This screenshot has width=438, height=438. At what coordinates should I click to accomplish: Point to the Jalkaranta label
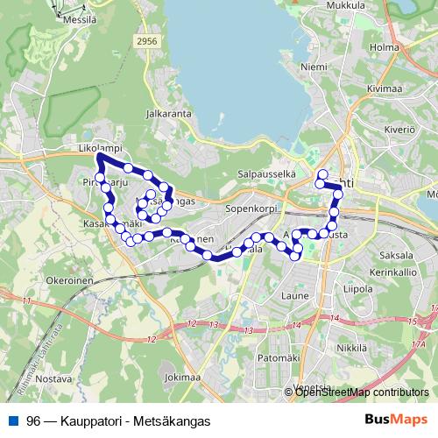click(x=169, y=113)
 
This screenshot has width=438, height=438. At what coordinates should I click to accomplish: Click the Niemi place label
click(x=313, y=66)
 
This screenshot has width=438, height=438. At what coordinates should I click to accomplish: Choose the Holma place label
click(x=385, y=47)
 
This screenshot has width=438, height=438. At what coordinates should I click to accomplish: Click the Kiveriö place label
click(x=397, y=129)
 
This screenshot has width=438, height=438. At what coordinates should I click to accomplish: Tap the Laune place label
click(x=295, y=295)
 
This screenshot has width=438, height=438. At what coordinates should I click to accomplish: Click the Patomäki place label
click(x=285, y=358)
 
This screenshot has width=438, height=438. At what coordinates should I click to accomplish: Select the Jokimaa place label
click(x=182, y=378)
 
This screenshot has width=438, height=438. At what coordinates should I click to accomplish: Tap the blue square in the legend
click(x=11, y=420)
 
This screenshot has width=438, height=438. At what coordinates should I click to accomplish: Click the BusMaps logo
click(x=396, y=420)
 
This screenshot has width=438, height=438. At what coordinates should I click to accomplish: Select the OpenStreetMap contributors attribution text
click(x=362, y=392)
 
